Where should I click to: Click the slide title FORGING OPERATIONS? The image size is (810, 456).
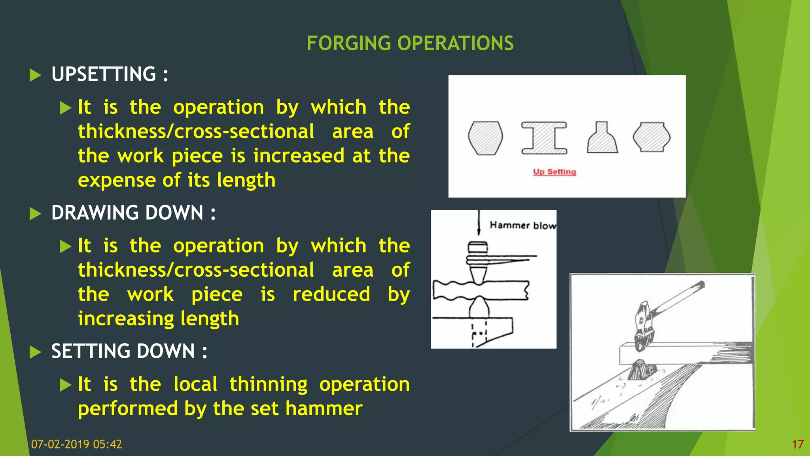click(x=410, y=43)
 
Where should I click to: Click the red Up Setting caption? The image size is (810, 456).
click(x=554, y=172)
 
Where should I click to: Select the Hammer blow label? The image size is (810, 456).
click(x=522, y=225)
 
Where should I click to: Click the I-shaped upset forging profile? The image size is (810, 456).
click(x=544, y=138)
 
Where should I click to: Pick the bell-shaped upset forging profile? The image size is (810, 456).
click(x=602, y=138)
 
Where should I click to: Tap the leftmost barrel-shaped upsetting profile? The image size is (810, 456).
click(x=485, y=138)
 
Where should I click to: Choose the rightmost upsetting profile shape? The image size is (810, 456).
click(x=651, y=137)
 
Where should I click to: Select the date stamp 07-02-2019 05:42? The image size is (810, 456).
click(x=76, y=444)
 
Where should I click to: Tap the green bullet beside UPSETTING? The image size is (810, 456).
click(x=35, y=75)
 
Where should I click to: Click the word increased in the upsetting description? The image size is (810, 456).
click(x=299, y=156)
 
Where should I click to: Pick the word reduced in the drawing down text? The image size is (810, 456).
click(x=331, y=294)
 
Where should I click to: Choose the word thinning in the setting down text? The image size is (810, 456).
click(x=268, y=384)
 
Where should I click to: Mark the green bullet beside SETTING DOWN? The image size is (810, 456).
click(x=35, y=352)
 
